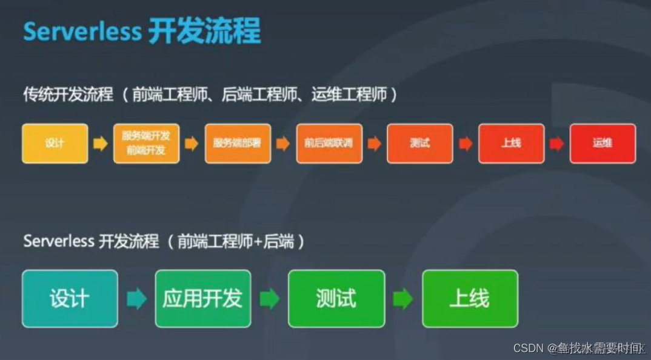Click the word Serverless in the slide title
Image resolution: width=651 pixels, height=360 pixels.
point(82,32)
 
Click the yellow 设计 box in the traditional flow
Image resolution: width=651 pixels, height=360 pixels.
point(55,144)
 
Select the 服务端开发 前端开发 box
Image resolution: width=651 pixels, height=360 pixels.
point(146,144)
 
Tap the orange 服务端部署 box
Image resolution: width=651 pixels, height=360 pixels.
point(238,144)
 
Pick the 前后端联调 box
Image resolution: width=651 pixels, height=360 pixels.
point(329,144)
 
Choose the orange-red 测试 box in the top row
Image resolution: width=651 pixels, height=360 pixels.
point(420,144)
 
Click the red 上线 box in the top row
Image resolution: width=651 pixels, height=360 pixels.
point(511,144)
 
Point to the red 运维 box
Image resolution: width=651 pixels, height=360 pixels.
point(603,144)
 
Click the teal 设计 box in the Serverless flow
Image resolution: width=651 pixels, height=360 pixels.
point(70,298)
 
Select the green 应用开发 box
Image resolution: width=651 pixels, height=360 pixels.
point(202,298)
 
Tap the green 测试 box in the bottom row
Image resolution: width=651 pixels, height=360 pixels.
point(336,298)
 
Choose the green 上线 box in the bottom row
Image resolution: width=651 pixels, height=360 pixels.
point(470,298)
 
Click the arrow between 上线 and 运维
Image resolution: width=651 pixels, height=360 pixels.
point(557,144)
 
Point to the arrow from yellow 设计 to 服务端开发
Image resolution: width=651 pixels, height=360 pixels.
point(101,144)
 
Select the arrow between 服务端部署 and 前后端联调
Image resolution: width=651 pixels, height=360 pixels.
point(283,144)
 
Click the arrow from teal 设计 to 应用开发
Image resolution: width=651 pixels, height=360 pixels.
point(136,298)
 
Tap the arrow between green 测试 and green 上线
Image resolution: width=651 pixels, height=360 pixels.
point(403,298)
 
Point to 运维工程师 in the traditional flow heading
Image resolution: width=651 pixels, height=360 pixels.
point(349,95)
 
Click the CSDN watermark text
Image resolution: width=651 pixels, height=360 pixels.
point(529,348)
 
